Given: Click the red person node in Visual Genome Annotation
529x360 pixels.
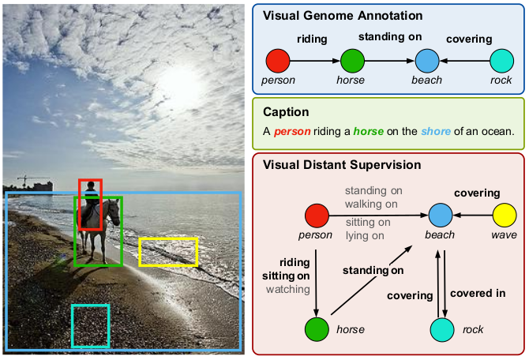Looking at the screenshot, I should tap(279, 60).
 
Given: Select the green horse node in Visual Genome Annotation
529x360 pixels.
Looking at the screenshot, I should tap(352, 60).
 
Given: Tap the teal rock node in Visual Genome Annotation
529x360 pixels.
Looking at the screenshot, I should tap(501, 60).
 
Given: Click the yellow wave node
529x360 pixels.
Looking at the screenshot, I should tap(504, 214).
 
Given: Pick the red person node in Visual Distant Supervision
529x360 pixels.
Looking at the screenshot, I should tap(316, 214).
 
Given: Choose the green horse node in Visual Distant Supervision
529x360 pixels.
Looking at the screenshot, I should tap(317, 328).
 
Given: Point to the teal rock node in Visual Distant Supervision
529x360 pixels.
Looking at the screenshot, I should tap(443, 328).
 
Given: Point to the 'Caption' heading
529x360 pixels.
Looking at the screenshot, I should tap(286, 112).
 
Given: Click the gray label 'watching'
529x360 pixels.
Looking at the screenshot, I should tap(287, 289).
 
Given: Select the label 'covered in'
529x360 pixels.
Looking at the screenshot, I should tap(478, 294).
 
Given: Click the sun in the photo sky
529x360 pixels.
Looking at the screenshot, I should tap(178, 79).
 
